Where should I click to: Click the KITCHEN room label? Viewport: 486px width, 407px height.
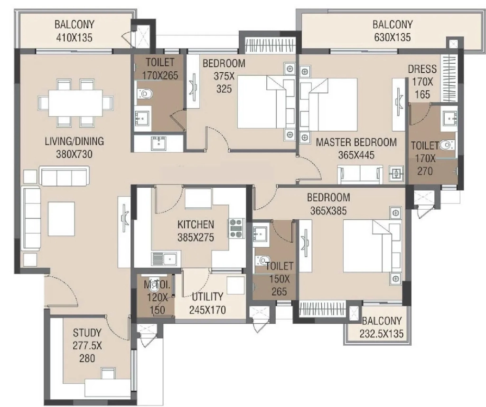pos(196,224)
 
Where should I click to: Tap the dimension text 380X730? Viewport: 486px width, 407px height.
pos(74,154)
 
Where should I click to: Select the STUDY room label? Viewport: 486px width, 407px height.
pos(87,333)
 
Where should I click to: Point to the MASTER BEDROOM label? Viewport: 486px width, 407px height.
pos(356,142)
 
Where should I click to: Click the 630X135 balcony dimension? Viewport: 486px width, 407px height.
pos(393,37)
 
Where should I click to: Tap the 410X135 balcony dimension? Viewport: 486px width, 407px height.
pos(75,38)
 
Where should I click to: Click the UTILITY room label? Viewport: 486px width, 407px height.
pos(207,297)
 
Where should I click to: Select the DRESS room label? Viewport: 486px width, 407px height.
pos(422,69)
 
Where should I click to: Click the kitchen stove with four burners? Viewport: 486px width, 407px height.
pos(236,228)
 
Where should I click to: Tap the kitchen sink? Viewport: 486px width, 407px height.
pos(164,259)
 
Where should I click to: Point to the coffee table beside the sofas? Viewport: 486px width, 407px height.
pos(61,219)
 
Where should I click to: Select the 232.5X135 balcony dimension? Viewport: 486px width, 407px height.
pos(382,334)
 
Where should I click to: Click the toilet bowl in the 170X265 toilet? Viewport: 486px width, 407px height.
pos(144,93)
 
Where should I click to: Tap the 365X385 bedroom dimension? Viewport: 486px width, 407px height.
pos(328,211)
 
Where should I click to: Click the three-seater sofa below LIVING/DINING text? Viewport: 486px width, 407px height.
pos(65,176)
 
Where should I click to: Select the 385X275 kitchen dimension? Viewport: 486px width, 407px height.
pos(196,237)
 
